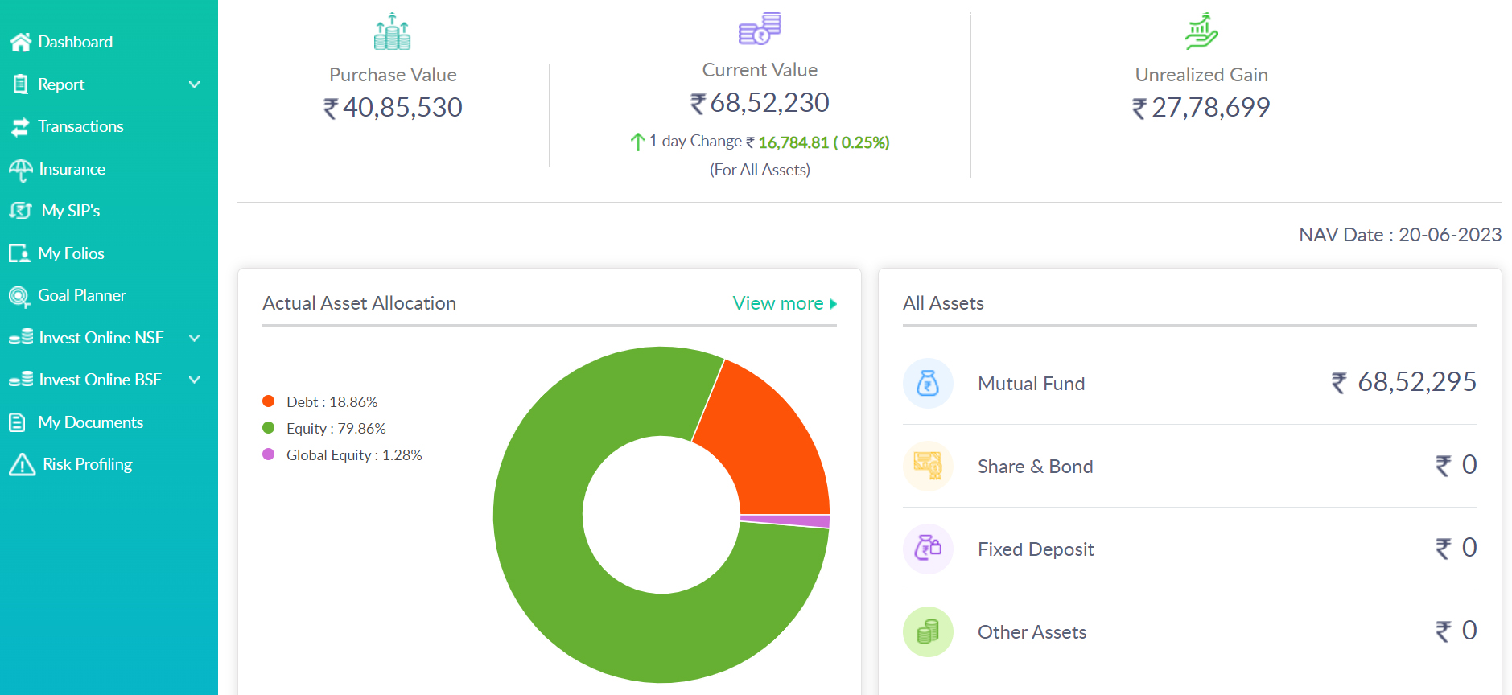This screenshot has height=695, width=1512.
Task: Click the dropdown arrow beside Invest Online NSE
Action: [x=194, y=338]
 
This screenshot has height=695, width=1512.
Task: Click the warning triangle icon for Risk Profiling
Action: [x=22, y=464]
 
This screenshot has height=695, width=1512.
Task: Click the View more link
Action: [x=785, y=303]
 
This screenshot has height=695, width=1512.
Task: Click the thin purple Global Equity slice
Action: [x=785, y=521]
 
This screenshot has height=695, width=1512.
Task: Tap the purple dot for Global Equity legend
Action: [x=269, y=454]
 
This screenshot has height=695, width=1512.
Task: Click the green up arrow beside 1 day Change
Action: [x=637, y=142]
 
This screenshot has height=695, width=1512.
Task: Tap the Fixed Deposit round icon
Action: [x=928, y=549]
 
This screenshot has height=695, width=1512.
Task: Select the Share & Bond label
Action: [x=1035, y=467]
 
